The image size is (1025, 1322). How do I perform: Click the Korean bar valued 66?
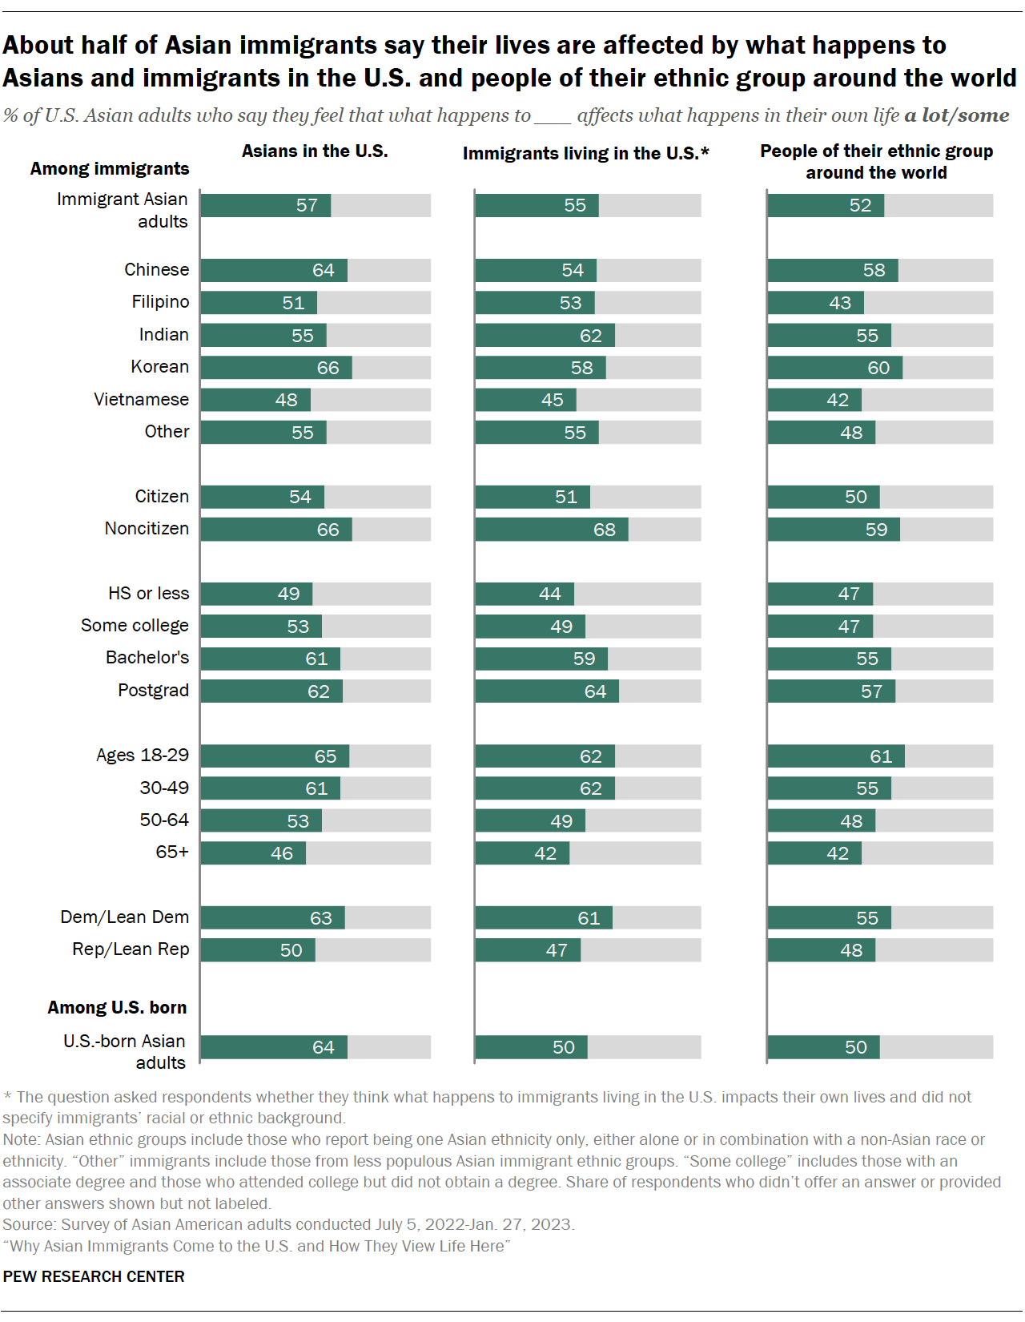coord(276,368)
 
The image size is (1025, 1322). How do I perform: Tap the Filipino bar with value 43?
coord(815,303)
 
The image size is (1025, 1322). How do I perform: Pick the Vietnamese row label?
coord(141,400)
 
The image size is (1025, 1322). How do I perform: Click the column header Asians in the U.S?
coord(315,151)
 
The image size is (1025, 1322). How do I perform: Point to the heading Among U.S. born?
coord(117,1008)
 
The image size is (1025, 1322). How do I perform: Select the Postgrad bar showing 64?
coord(546,691)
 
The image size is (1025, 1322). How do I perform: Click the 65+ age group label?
coord(172,852)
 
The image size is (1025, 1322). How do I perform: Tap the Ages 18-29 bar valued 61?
coord(836,756)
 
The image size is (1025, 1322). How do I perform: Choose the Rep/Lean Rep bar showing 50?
coord(258,950)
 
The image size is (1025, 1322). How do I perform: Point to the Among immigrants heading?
coord(110,169)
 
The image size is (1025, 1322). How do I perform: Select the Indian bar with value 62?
coord(545,336)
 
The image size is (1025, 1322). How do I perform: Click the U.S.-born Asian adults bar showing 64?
coord(274,1047)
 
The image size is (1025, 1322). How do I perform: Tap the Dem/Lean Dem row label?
coord(125,917)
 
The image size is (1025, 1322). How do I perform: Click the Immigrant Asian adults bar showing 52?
coord(826,206)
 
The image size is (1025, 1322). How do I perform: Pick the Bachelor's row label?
coord(147,658)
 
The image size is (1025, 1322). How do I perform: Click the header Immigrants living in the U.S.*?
coord(585,154)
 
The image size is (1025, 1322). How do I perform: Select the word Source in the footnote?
coord(28,1225)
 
